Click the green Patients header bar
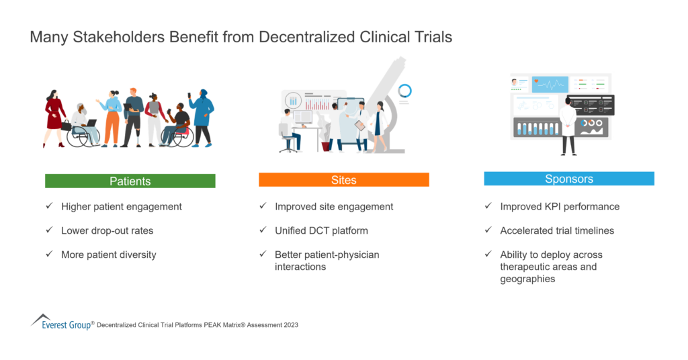pos(130,181)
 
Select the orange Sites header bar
pos(343,180)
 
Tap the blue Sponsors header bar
pos(568,179)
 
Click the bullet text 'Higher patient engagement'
pos(121,206)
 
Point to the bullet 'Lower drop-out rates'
pos(107,230)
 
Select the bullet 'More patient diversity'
pos(108,255)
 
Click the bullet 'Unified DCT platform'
pos(321,230)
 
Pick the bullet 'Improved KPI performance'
pos(560,206)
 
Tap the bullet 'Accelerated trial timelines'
pos(557,230)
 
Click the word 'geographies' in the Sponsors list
pos(527,279)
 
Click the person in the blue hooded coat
pos(202,114)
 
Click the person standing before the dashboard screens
pos(568,124)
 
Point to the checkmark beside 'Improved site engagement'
pos(263,206)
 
